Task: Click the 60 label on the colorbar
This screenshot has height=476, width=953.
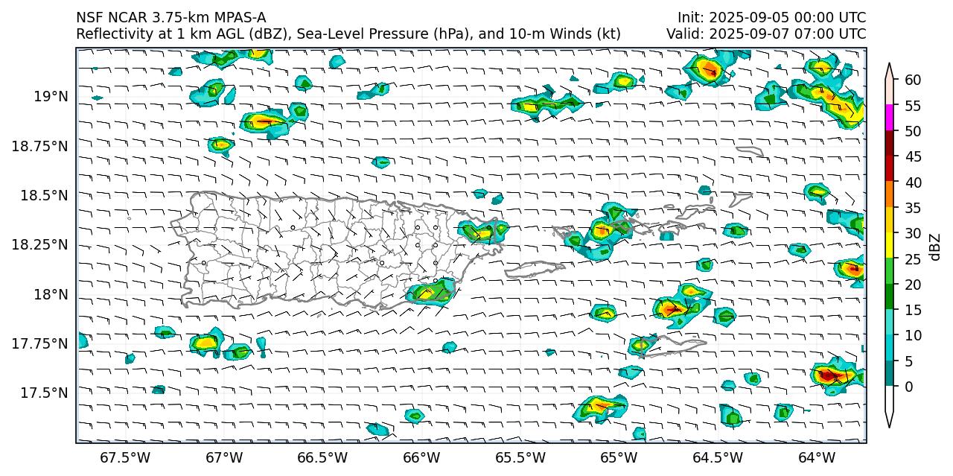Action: tap(912, 80)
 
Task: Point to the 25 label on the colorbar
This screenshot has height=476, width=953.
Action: tap(912, 258)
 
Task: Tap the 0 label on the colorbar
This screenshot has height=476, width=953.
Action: tap(908, 387)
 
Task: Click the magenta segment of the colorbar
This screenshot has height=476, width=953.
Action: tap(889, 118)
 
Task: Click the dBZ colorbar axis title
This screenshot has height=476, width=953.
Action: tap(935, 247)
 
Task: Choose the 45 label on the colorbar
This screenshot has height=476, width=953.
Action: tap(912, 156)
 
